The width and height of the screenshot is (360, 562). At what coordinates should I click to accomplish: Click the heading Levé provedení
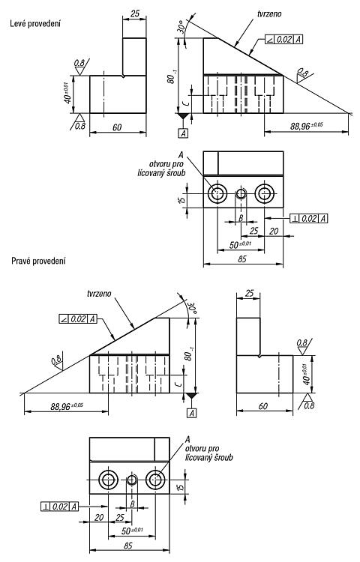(35, 24)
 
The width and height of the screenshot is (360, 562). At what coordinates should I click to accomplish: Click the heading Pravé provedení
(38, 261)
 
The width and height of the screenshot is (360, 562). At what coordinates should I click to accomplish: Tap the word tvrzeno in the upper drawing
(269, 14)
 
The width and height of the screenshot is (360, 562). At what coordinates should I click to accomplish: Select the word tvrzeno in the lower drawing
(99, 294)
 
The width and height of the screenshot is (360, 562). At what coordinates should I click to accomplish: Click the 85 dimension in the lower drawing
(127, 546)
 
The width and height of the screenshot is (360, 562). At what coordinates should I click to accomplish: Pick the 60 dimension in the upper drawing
(117, 127)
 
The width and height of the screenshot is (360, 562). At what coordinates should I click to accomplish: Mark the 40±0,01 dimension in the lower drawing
(305, 374)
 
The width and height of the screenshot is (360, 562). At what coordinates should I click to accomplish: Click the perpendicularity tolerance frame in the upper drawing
(309, 218)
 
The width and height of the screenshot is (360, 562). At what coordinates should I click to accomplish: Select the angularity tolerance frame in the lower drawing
(78, 318)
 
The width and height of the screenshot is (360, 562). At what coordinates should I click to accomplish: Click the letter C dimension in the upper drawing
(185, 104)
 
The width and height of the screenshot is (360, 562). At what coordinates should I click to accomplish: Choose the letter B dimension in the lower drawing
(132, 504)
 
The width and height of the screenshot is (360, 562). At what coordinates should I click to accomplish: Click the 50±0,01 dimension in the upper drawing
(241, 244)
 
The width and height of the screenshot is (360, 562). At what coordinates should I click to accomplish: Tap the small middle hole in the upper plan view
(241, 194)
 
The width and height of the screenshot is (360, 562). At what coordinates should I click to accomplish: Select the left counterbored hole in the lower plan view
(108, 480)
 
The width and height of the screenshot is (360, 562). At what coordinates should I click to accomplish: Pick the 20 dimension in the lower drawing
(99, 517)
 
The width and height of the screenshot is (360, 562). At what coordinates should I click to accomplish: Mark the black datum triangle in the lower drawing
(191, 396)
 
